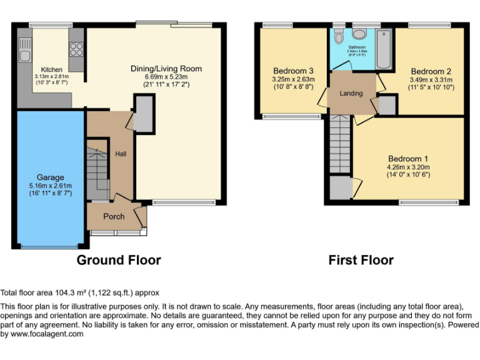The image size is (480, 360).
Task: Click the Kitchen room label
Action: click(51, 69)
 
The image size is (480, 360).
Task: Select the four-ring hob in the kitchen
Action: click(77, 49)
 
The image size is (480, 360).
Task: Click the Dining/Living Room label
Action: click(166, 69)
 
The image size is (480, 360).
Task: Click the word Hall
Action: click(121, 153)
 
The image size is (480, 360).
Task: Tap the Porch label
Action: click(114, 216)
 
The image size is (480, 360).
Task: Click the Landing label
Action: click(351, 94)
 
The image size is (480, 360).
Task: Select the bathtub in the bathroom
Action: click(383, 49)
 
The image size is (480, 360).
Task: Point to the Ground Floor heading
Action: click(119, 260)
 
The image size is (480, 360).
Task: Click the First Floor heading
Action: click(361, 260)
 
